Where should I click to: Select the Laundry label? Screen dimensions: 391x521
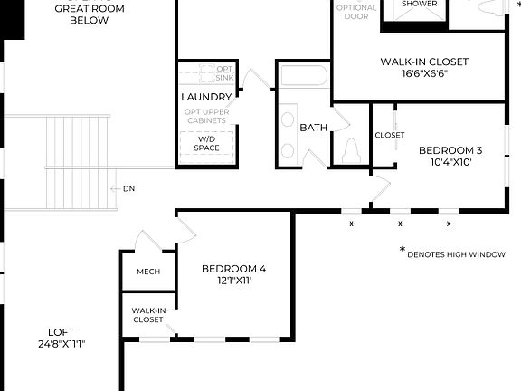tap(206, 97)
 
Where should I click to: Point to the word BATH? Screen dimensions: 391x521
tap(313, 128)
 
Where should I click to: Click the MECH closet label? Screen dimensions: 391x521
tap(148, 272)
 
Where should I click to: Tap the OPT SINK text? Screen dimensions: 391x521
tap(225, 73)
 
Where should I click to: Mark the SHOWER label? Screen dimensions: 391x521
tap(419, 5)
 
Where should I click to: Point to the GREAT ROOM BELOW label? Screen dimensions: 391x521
tap(89, 14)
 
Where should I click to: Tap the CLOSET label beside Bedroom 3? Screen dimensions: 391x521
tap(390, 135)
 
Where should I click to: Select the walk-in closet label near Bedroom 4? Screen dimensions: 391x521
tap(148, 315)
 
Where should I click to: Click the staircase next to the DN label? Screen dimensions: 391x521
tap(78, 163)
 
